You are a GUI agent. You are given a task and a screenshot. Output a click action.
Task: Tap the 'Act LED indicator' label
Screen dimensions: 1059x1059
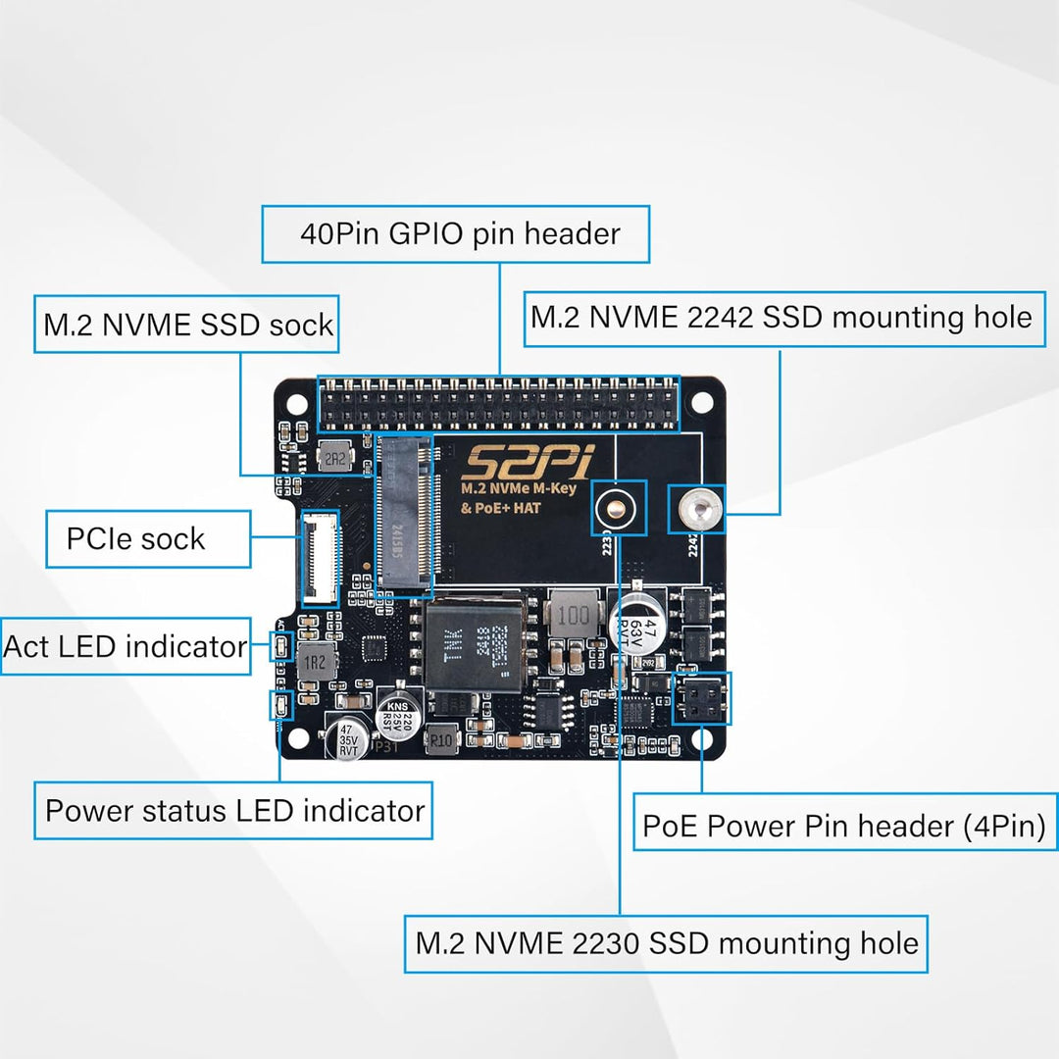pos(126,646)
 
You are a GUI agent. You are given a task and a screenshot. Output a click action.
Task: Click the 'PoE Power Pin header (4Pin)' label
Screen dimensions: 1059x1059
pos(843,825)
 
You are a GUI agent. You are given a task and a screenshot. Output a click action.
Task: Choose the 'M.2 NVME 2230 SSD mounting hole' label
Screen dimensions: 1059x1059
pos(666,943)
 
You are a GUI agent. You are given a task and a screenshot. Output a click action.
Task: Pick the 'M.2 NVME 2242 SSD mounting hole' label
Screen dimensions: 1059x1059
pos(782,318)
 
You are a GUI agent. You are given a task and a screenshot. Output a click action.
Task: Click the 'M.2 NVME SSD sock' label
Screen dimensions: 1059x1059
pos(187,325)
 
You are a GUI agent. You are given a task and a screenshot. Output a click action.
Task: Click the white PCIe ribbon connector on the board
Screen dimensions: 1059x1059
pos(319,557)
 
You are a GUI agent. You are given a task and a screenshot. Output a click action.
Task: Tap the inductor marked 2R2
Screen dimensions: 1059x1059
pos(333,457)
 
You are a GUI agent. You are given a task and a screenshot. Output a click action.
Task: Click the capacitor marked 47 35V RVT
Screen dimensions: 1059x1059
pos(348,738)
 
